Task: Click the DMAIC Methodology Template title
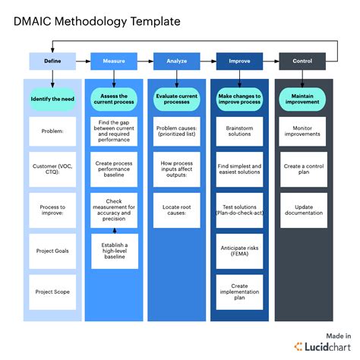(97, 22)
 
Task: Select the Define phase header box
(52, 61)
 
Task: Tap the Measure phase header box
(113, 61)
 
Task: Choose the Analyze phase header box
(176, 61)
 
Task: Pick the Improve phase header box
(239, 61)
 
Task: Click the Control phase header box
(302, 61)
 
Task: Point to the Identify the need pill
(52, 99)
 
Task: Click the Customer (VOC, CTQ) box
(52, 169)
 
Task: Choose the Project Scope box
(52, 290)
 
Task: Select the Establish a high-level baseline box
(114, 250)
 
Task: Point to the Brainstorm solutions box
(239, 131)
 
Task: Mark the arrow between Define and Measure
(83, 61)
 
